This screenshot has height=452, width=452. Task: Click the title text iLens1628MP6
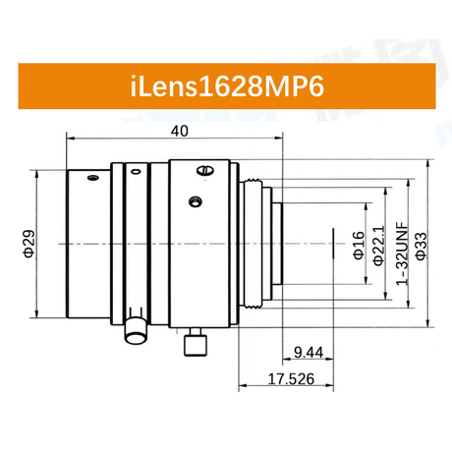click(227, 86)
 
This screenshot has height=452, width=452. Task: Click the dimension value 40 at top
click(180, 132)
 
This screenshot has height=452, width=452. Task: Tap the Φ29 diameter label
click(28, 244)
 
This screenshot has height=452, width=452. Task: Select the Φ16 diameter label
click(359, 246)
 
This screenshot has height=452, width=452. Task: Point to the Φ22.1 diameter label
click(379, 246)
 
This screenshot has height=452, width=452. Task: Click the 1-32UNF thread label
click(403, 254)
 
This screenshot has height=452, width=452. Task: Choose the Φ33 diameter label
click(422, 247)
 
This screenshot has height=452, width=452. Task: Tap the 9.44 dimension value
click(309, 353)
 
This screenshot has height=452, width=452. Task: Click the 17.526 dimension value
click(291, 379)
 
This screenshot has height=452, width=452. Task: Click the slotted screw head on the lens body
click(205, 170)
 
